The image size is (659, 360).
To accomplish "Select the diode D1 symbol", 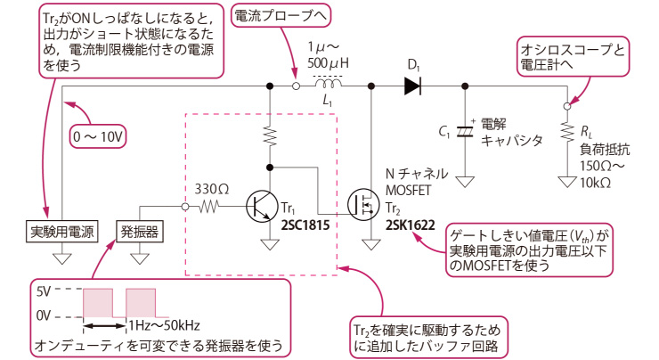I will (x=412, y=86).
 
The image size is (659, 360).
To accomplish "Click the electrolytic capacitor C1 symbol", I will (x=464, y=131).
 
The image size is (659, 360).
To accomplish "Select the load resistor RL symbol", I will (x=567, y=132).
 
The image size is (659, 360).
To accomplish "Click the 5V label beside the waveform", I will (x=44, y=291).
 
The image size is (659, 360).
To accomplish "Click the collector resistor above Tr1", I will (x=270, y=135).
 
